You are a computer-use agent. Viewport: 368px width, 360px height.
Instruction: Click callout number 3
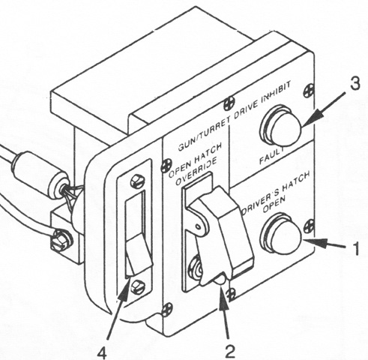tap(355, 84)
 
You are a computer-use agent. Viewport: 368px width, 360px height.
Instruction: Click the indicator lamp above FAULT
tap(280, 127)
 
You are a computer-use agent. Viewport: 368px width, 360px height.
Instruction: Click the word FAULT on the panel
tap(271, 155)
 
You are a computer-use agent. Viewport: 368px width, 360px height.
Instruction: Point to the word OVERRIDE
tap(196, 172)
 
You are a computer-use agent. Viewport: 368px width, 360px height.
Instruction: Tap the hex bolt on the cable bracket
tap(61, 240)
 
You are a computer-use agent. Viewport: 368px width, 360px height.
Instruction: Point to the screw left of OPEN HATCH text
tap(166, 164)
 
